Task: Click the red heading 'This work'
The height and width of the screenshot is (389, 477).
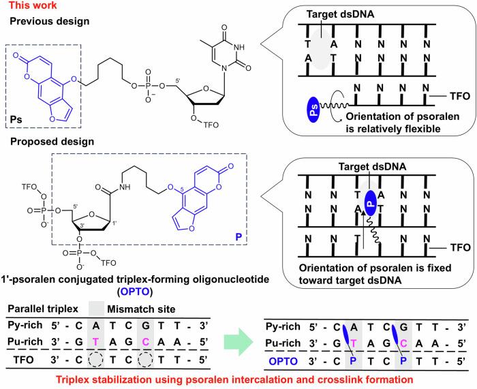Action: [x=23, y=6]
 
